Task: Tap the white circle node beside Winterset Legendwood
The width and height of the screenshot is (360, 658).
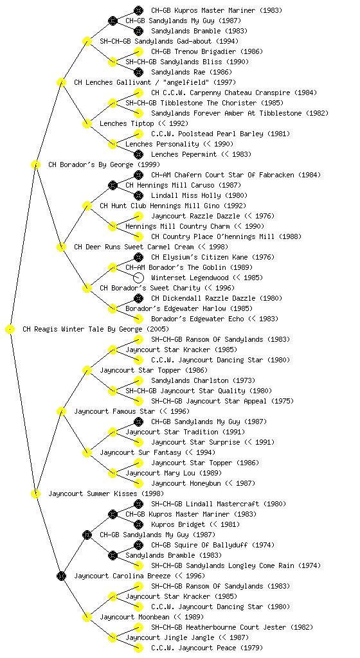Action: coord(138,278)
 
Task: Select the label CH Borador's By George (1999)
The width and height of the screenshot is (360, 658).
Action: coord(104,165)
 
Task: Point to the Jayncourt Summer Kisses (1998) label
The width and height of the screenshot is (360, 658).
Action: coord(106,494)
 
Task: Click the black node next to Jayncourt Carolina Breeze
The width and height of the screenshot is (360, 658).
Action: coord(61,576)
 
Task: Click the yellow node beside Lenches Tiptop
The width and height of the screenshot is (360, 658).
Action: coord(87,124)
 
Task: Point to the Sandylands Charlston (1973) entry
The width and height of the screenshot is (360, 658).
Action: coord(203,380)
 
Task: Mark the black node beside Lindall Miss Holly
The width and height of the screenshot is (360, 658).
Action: coord(138,195)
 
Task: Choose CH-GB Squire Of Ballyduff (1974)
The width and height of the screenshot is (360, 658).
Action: coord(213,545)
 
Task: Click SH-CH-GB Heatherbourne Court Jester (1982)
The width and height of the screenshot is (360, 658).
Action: coord(232,627)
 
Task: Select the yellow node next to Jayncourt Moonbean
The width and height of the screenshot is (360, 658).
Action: coord(87,617)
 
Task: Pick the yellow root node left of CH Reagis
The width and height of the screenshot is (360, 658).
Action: coord(10,330)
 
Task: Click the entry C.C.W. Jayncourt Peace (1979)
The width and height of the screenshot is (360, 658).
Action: coord(207,648)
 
